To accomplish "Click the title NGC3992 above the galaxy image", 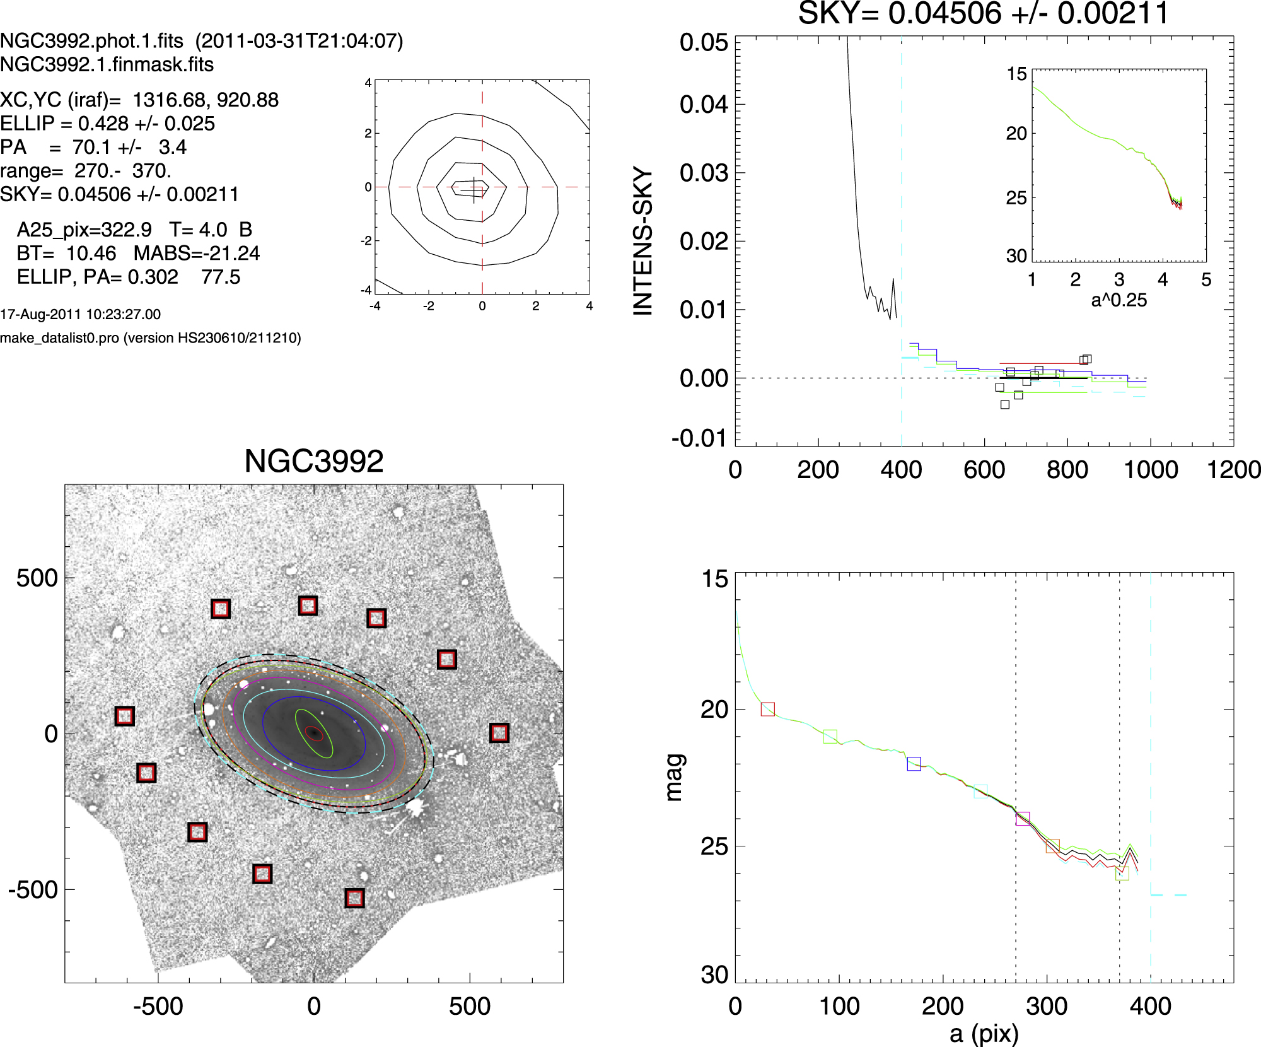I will click(313, 461).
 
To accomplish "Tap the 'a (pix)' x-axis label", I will click(984, 1034).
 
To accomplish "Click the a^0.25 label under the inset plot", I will click(1119, 300).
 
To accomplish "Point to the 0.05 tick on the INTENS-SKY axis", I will click(704, 43).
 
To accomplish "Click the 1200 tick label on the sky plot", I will click(1233, 470).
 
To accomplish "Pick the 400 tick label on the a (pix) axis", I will click(1150, 1006).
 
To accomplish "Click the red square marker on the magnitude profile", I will click(767, 709).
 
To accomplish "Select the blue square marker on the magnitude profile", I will click(914, 764).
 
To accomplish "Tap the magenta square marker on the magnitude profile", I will click(1023, 819).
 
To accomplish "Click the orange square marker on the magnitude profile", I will click(1052, 846).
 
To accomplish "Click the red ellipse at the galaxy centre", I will click(314, 733).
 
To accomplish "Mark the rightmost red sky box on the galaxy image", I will click(499, 733).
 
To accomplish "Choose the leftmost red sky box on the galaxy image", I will click(125, 717).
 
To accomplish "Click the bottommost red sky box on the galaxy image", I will click(355, 898).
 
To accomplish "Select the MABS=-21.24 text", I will click(197, 254).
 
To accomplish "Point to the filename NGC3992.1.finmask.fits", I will click(107, 64).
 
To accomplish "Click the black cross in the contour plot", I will click(474, 189).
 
